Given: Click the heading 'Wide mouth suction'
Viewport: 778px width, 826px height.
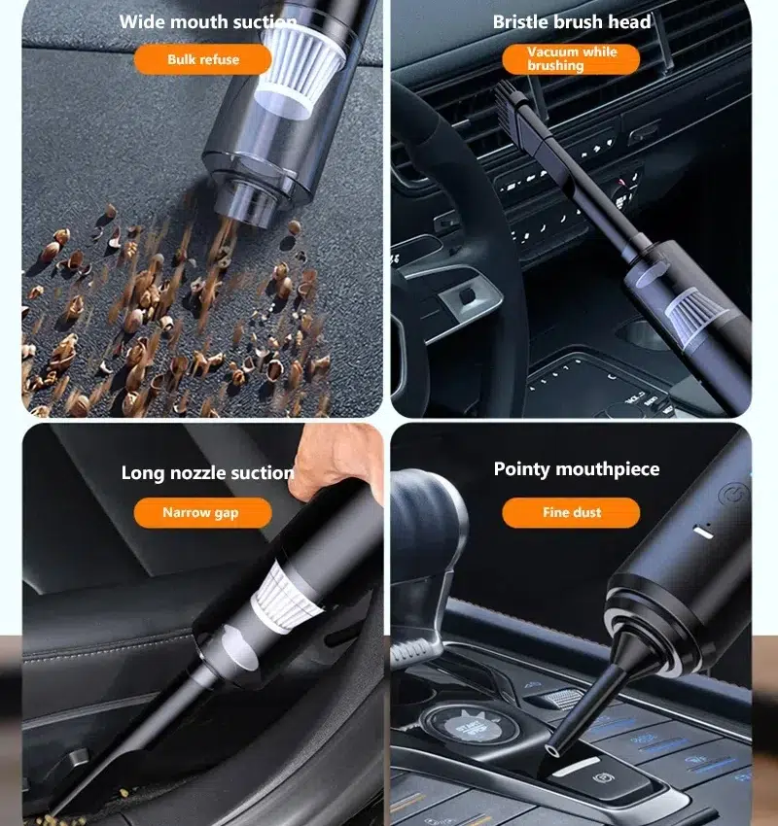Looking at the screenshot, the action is click(x=208, y=22).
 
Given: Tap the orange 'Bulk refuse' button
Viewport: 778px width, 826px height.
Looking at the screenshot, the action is click(x=203, y=59).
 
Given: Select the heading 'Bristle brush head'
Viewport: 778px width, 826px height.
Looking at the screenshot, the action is click(x=572, y=22).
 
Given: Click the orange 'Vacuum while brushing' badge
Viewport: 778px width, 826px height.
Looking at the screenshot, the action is click(x=571, y=59).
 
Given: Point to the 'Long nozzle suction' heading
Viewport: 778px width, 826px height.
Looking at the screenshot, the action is click(x=208, y=473).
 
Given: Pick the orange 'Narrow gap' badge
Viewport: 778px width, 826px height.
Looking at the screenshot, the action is click(x=203, y=512).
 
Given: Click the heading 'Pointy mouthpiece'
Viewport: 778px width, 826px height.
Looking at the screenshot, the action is click(x=577, y=469).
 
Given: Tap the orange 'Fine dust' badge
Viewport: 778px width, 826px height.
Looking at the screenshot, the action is click(x=572, y=512).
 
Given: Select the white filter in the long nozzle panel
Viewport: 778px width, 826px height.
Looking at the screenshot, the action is click(x=285, y=598).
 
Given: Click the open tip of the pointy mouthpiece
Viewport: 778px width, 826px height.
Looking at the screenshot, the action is click(x=551, y=749).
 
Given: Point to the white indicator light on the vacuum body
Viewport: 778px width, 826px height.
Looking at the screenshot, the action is click(x=703, y=533).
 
